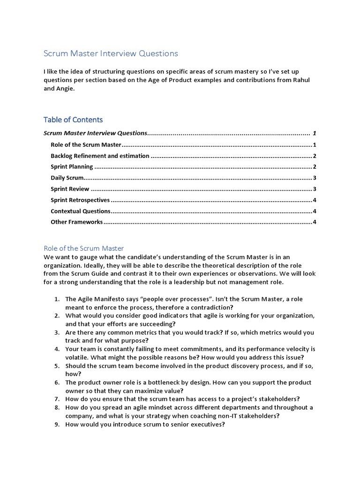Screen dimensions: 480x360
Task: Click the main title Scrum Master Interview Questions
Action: tap(111, 53)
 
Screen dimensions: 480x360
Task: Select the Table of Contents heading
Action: tap(73, 120)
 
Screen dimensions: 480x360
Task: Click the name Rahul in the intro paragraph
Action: tap(300, 80)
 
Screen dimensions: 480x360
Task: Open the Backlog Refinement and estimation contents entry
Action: tap(100, 156)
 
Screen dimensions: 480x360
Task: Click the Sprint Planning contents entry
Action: tap(72, 167)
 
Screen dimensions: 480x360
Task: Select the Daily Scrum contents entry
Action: tap(67, 178)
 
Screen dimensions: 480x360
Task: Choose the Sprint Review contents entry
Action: tap(70, 189)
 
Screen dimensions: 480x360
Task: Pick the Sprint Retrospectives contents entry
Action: tap(80, 200)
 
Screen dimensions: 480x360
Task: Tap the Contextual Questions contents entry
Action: tap(81, 211)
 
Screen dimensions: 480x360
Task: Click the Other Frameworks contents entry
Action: tap(76, 222)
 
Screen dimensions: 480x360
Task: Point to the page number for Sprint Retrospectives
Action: tap(315, 200)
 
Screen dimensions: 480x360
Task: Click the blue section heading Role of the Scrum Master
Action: tap(83, 248)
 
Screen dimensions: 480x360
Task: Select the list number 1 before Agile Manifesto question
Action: tap(56, 299)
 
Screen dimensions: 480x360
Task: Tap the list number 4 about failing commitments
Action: tap(56, 349)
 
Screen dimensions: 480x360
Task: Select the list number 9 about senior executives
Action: tap(56, 425)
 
